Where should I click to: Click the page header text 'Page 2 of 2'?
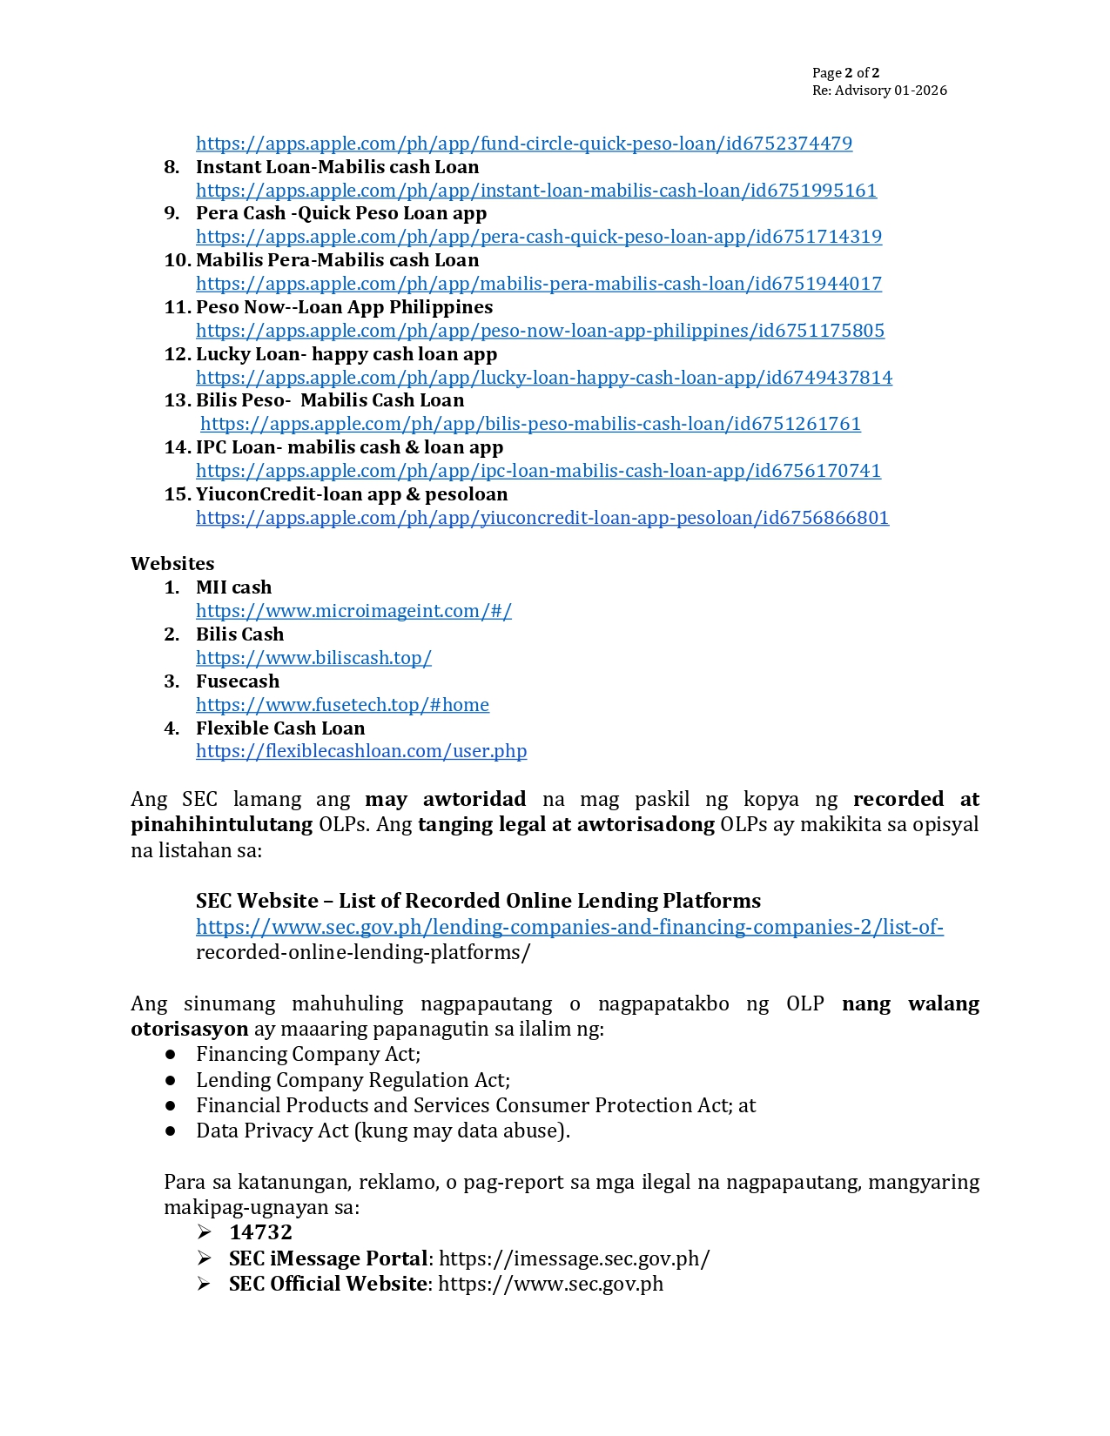click(845, 73)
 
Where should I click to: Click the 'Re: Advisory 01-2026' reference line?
click(879, 91)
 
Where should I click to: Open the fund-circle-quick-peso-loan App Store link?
click(524, 144)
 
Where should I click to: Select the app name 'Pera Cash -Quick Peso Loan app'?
click(341, 213)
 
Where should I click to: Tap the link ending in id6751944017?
click(539, 284)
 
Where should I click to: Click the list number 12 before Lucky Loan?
click(177, 354)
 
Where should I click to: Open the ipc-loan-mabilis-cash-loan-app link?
click(538, 471)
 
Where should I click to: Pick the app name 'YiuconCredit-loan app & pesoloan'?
click(352, 494)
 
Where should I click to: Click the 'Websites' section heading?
click(172, 564)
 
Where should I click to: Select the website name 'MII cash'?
click(233, 587)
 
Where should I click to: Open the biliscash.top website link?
click(313, 658)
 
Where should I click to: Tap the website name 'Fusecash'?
click(238, 681)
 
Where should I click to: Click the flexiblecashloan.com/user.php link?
click(361, 751)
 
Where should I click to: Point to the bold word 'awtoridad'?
click(474, 799)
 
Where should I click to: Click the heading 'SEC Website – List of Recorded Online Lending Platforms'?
click(478, 901)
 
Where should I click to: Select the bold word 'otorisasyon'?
click(190, 1029)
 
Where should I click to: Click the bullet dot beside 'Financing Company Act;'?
click(171, 1055)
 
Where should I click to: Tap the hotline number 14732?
click(261, 1232)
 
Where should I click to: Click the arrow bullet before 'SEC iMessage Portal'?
click(205, 1258)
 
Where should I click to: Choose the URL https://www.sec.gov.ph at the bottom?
click(550, 1285)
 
